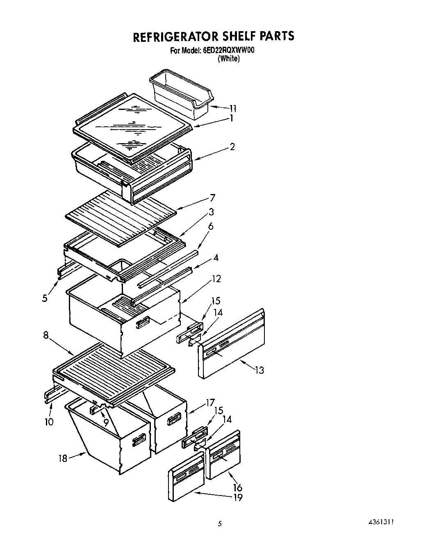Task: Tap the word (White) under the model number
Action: click(x=228, y=59)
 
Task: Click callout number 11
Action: click(x=232, y=109)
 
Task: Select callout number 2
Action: click(x=232, y=147)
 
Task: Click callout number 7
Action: click(x=212, y=198)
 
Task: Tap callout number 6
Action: click(x=211, y=226)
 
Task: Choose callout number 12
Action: click(x=216, y=279)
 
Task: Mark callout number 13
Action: click(x=259, y=370)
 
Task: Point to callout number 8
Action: click(x=46, y=335)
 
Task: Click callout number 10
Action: click(x=49, y=422)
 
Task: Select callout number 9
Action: click(x=106, y=422)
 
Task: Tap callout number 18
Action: click(x=63, y=458)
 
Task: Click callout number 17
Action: click(x=210, y=403)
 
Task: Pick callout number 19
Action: click(x=237, y=498)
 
